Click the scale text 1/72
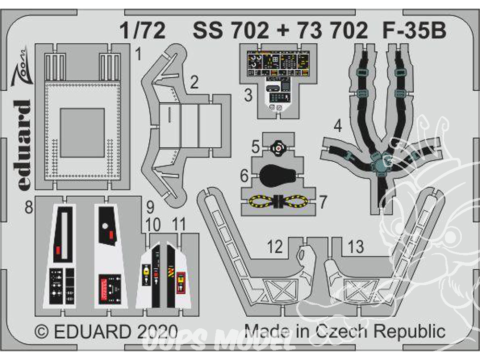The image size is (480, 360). pyautogui.click(x=143, y=31)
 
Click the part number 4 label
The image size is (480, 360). pyautogui.click(x=337, y=126)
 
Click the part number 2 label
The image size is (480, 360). pyautogui.click(x=194, y=83)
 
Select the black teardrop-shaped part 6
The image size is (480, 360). pyautogui.click(x=277, y=176)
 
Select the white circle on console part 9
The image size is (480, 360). pyautogui.click(x=105, y=227)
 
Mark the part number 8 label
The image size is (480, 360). pyautogui.click(x=29, y=208)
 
